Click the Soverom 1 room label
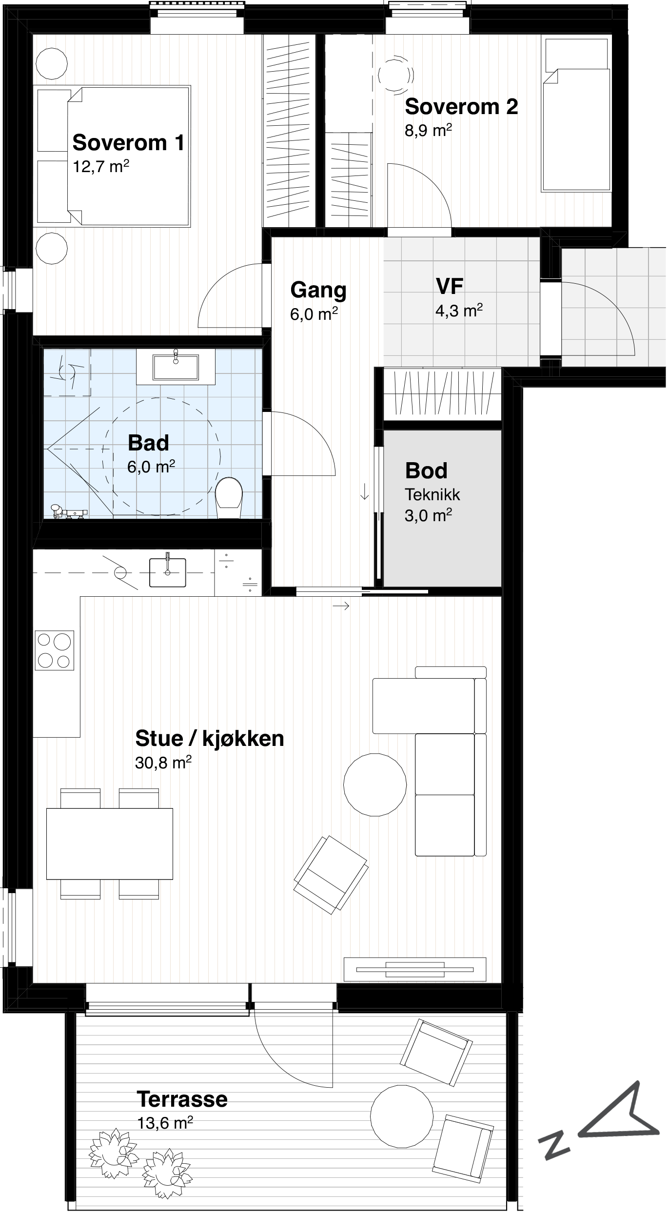[129, 143]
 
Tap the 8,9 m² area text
[428, 131]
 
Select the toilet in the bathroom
[229, 497]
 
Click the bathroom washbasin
[176, 367]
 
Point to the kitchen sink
[167, 572]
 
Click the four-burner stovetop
[55, 650]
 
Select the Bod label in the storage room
[426, 470]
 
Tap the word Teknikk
[432, 495]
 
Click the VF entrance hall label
[449, 287]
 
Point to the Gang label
[318, 290]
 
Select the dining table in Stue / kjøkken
[110, 844]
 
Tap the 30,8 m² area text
[163, 762]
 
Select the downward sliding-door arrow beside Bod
[364, 491]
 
